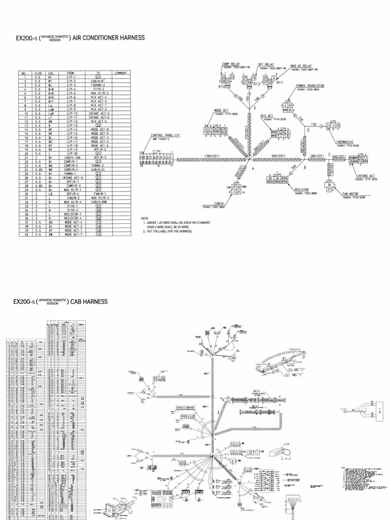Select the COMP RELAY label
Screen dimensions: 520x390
(x=231, y=64)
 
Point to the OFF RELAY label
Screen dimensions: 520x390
(x=266, y=64)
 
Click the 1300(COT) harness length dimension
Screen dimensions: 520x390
(x=212, y=155)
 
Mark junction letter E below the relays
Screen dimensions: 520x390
(x=255, y=108)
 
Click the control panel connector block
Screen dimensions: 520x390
(x=157, y=159)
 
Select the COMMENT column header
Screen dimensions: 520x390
(x=120, y=73)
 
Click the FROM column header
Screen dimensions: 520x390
(x=71, y=73)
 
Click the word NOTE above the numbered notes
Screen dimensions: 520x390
(x=145, y=218)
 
